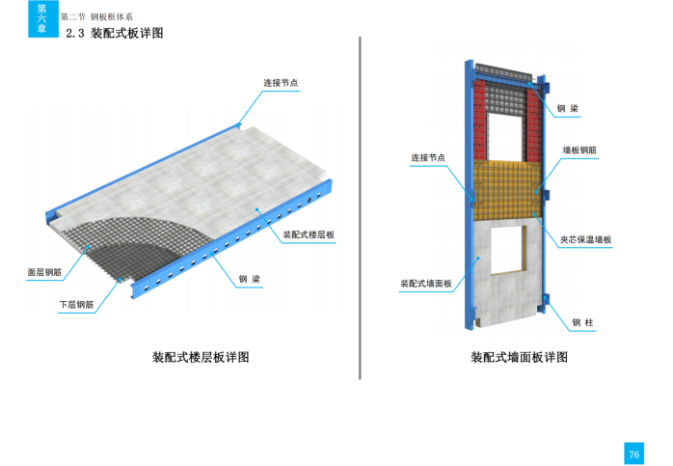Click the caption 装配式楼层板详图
(201, 357)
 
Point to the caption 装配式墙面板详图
(518, 357)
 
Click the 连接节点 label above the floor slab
(281, 83)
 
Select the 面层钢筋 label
(46, 272)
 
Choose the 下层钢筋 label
(76, 305)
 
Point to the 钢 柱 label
(581, 322)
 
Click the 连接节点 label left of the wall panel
(428, 157)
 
